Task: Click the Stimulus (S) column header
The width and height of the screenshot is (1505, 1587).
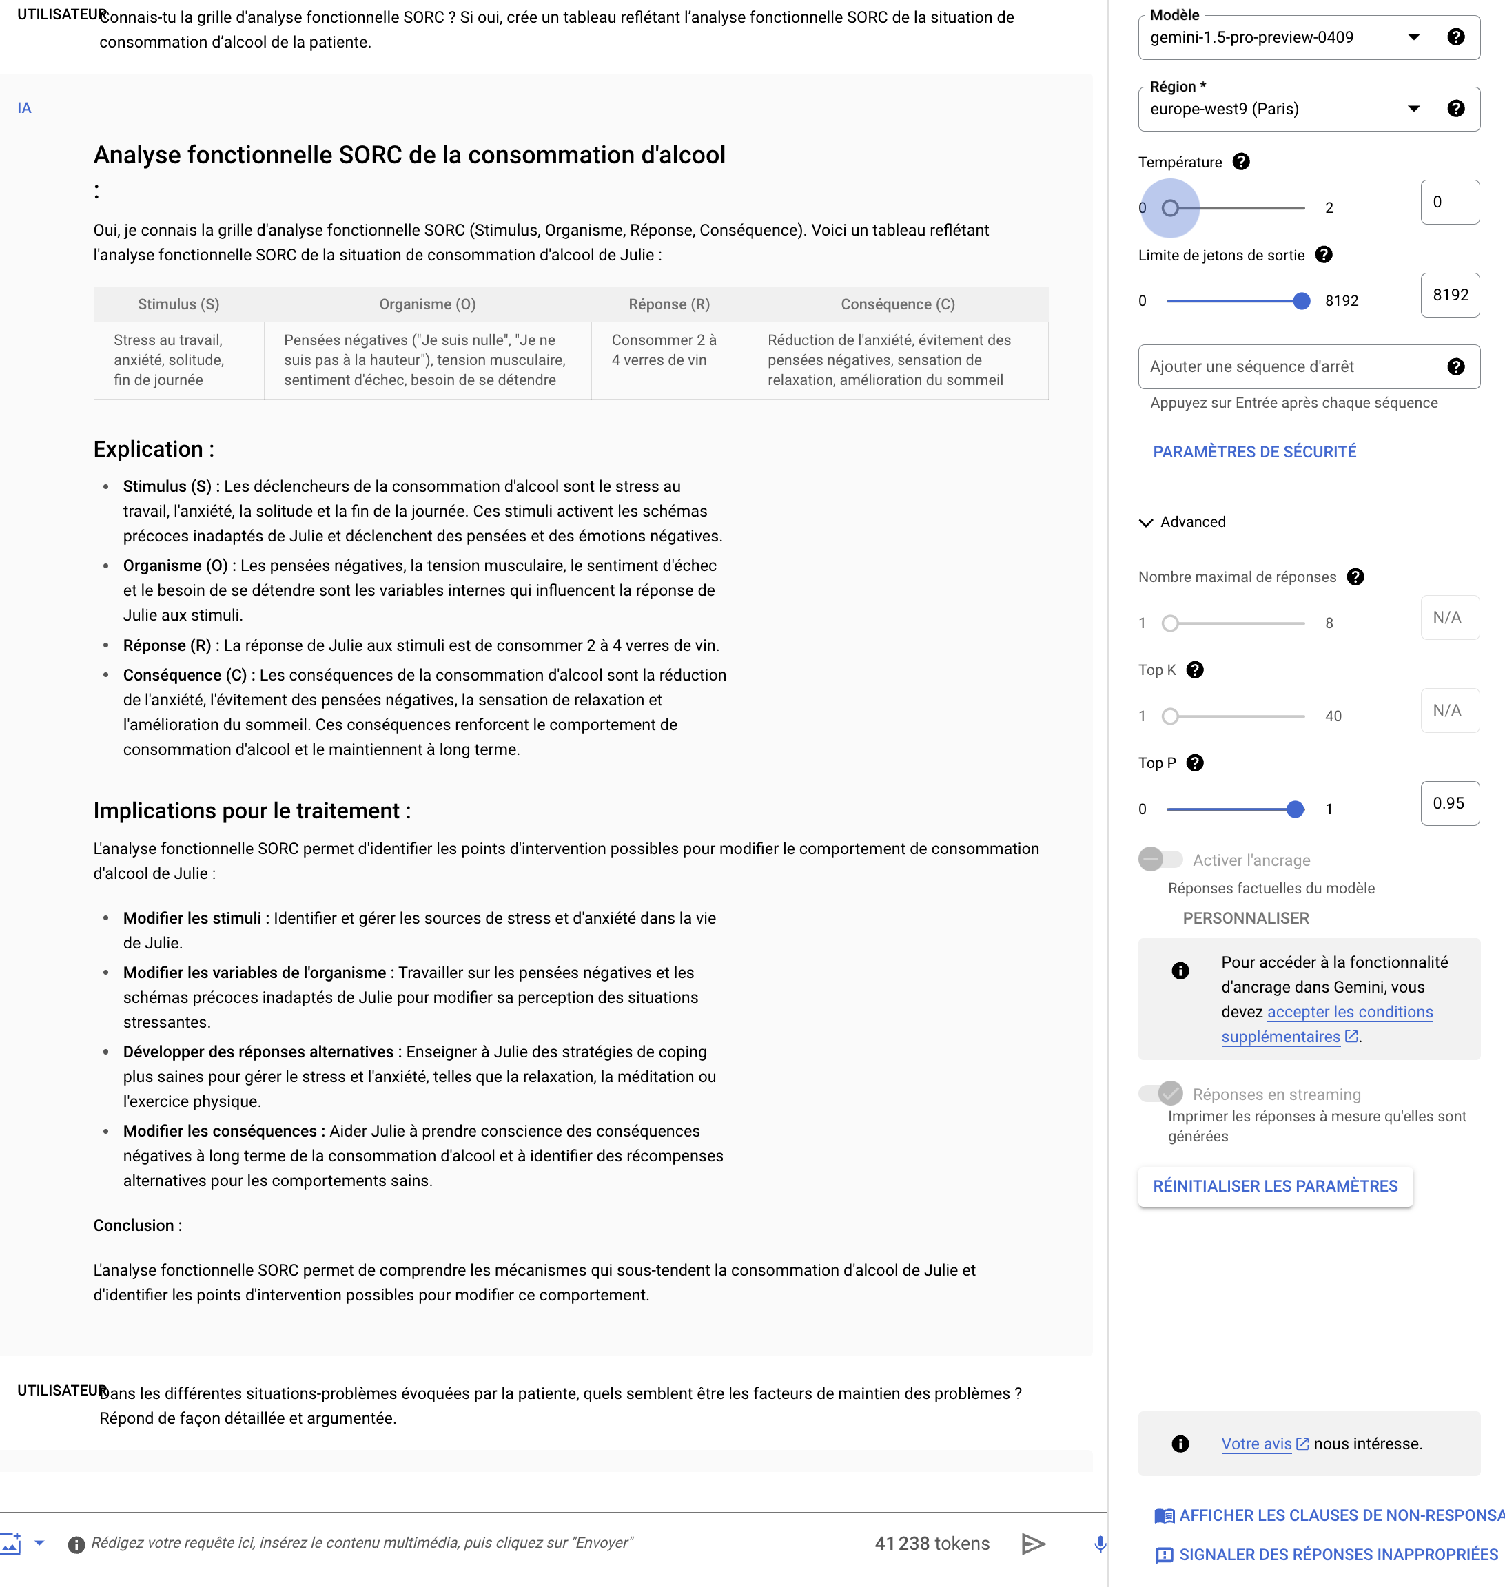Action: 178,304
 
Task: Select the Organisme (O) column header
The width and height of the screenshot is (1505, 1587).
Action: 427,304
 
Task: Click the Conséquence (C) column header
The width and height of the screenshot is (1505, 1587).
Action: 897,304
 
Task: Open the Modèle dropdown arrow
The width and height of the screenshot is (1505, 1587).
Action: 1413,37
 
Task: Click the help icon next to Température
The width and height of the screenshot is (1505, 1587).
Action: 1240,162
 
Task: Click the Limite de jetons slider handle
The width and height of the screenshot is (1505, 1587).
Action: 1301,302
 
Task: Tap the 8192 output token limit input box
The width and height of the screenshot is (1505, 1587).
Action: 1449,295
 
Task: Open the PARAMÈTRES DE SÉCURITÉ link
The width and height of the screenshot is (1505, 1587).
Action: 1254,451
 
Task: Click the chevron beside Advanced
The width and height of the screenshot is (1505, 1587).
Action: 1145,523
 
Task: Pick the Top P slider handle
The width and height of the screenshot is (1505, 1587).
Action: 1294,809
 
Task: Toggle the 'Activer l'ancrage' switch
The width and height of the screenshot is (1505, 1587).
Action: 1159,860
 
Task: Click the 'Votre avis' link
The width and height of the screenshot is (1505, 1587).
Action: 1256,1444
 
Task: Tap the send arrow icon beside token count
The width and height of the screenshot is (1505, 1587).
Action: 1033,1544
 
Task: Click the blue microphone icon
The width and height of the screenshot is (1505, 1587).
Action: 1100,1544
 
